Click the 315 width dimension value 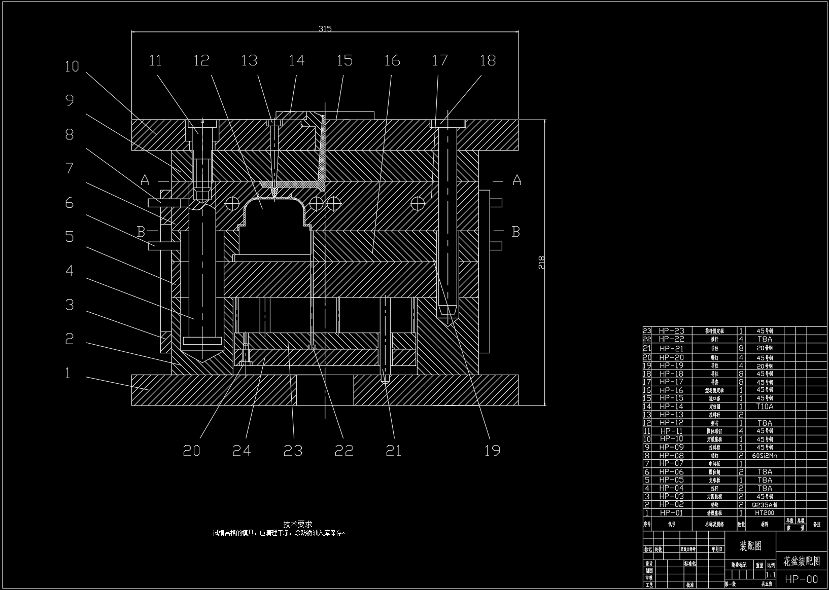[325, 28]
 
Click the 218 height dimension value [541, 262]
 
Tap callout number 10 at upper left [72, 66]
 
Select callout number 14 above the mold [297, 60]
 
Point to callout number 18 [488, 60]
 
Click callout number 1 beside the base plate [68, 374]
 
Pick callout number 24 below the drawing [241, 451]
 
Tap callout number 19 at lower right [492, 451]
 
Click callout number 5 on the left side [70, 237]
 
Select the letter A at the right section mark [516, 180]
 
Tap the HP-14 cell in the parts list [671, 407]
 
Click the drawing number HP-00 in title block [802, 579]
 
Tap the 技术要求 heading [298, 524]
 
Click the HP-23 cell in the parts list [671, 331]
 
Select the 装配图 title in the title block [750, 546]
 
